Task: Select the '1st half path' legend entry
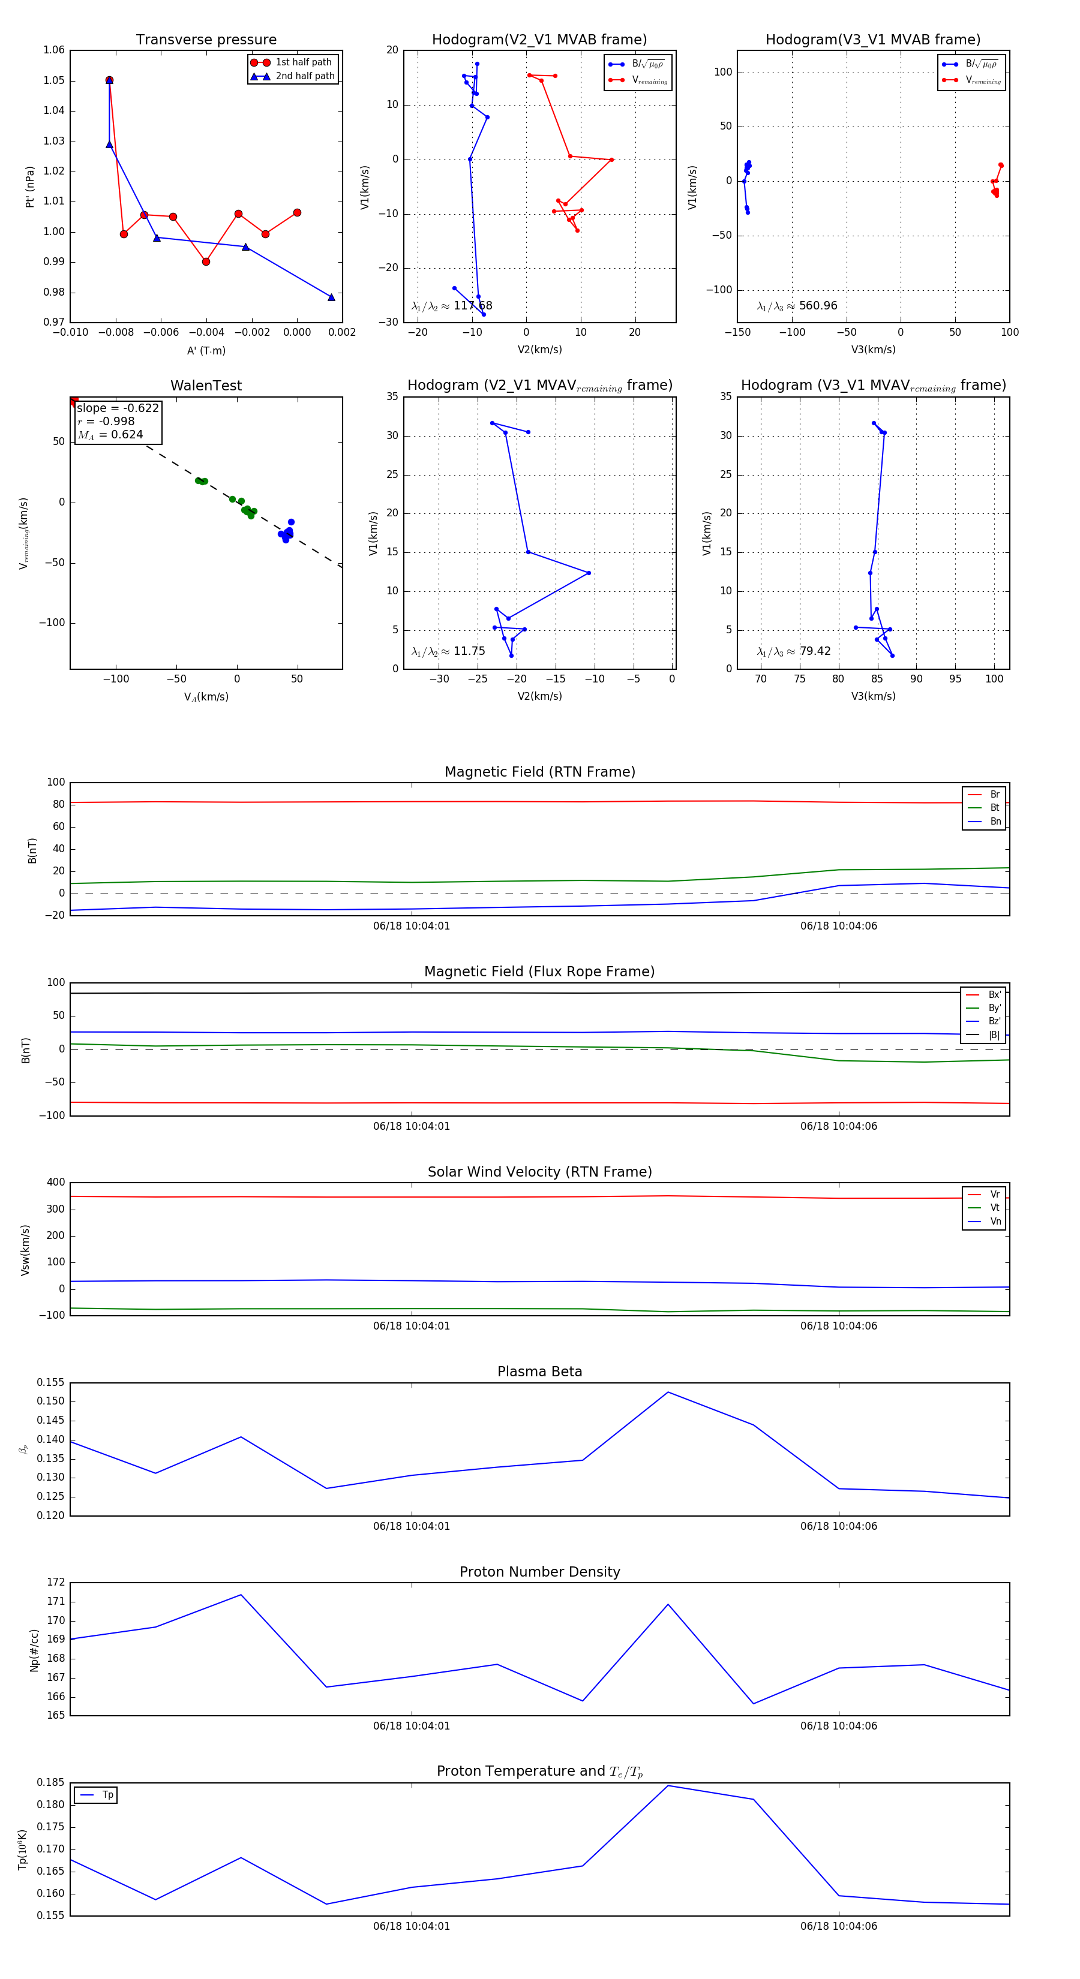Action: coord(303,62)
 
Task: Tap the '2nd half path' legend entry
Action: coord(304,76)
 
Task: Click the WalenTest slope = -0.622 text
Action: coord(118,408)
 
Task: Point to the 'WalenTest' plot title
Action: coord(206,386)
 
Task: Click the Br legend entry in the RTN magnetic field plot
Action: coord(994,795)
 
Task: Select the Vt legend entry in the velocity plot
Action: coord(995,1208)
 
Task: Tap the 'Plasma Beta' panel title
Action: coord(539,1372)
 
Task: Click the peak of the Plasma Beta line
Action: coord(668,1392)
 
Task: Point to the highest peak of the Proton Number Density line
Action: coord(241,1595)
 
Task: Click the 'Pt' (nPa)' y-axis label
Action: coord(30,187)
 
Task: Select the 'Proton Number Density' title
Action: coord(539,1572)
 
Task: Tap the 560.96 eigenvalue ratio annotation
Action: coord(817,306)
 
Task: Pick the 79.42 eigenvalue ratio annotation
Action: coord(815,651)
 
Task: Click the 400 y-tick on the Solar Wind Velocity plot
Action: coord(55,1183)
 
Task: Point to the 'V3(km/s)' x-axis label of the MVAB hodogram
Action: coord(872,350)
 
